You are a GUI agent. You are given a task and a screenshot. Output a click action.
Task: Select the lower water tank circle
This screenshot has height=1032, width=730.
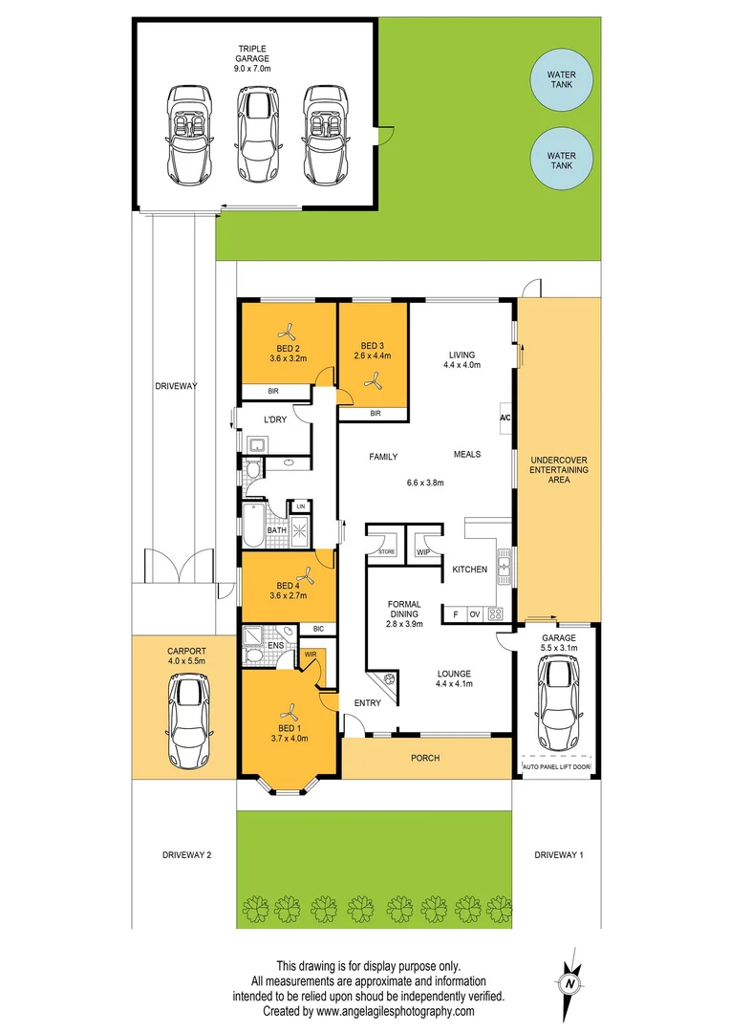tap(562, 160)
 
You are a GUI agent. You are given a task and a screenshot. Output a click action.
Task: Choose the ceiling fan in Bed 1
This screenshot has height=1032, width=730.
tap(288, 712)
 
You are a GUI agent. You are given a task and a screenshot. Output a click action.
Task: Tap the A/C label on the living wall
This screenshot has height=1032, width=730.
tap(505, 418)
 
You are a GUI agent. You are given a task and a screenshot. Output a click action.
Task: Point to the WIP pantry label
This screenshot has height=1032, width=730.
tap(421, 551)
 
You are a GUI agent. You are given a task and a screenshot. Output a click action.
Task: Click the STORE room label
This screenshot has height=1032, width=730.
tap(386, 551)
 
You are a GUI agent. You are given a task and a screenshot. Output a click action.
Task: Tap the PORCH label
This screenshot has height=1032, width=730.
tap(425, 758)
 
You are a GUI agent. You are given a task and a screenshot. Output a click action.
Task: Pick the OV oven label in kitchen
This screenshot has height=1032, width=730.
tap(474, 614)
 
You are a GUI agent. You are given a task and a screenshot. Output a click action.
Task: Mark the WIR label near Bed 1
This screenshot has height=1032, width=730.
tap(311, 655)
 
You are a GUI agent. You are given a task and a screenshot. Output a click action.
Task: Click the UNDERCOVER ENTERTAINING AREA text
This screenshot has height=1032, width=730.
tap(559, 469)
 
